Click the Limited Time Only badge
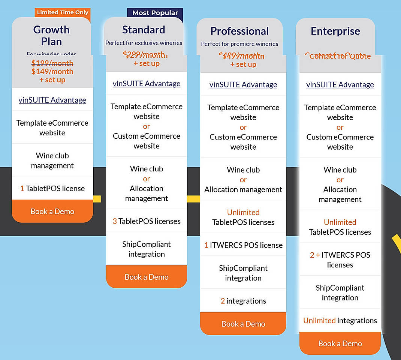tap(63, 12)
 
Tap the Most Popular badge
tap(155, 13)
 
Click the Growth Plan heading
tap(51, 36)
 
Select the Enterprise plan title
tap(335, 31)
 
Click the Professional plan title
tap(239, 31)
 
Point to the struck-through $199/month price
tap(52, 63)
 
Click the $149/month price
tap(52, 71)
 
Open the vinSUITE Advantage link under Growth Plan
tap(52, 100)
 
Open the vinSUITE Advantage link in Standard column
tap(147, 84)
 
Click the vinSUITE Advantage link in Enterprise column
tap(340, 85)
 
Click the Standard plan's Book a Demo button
tap(147, 277)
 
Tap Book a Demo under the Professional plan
tap(243, 324)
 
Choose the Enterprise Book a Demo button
tap(340, 343)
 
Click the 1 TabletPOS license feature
tap(52, 189)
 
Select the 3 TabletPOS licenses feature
tap(147, 221)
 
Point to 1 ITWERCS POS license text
tap(243, 245)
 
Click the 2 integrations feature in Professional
tap(243, 301)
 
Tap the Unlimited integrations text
tap(340, 321)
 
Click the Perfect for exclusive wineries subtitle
tap(144, 43)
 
